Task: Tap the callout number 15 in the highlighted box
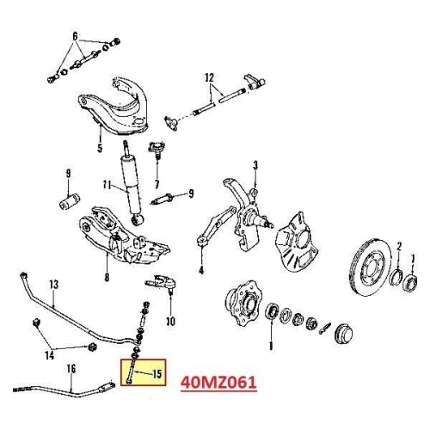click(x=157, y=372)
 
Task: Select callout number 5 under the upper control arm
click(x=100, y=147)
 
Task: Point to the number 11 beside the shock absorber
click(x=107, y=185)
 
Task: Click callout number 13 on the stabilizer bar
click(x=53, y=283)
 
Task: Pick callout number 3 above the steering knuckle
click(x=255, y=165)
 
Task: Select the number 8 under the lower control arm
click(x=106, y=277)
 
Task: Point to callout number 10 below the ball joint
click(x=170, y=322)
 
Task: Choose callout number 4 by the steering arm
click(x=200, y=269)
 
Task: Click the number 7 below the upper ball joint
click(x=157, y=183)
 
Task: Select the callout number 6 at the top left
click(x=75, y=35)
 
